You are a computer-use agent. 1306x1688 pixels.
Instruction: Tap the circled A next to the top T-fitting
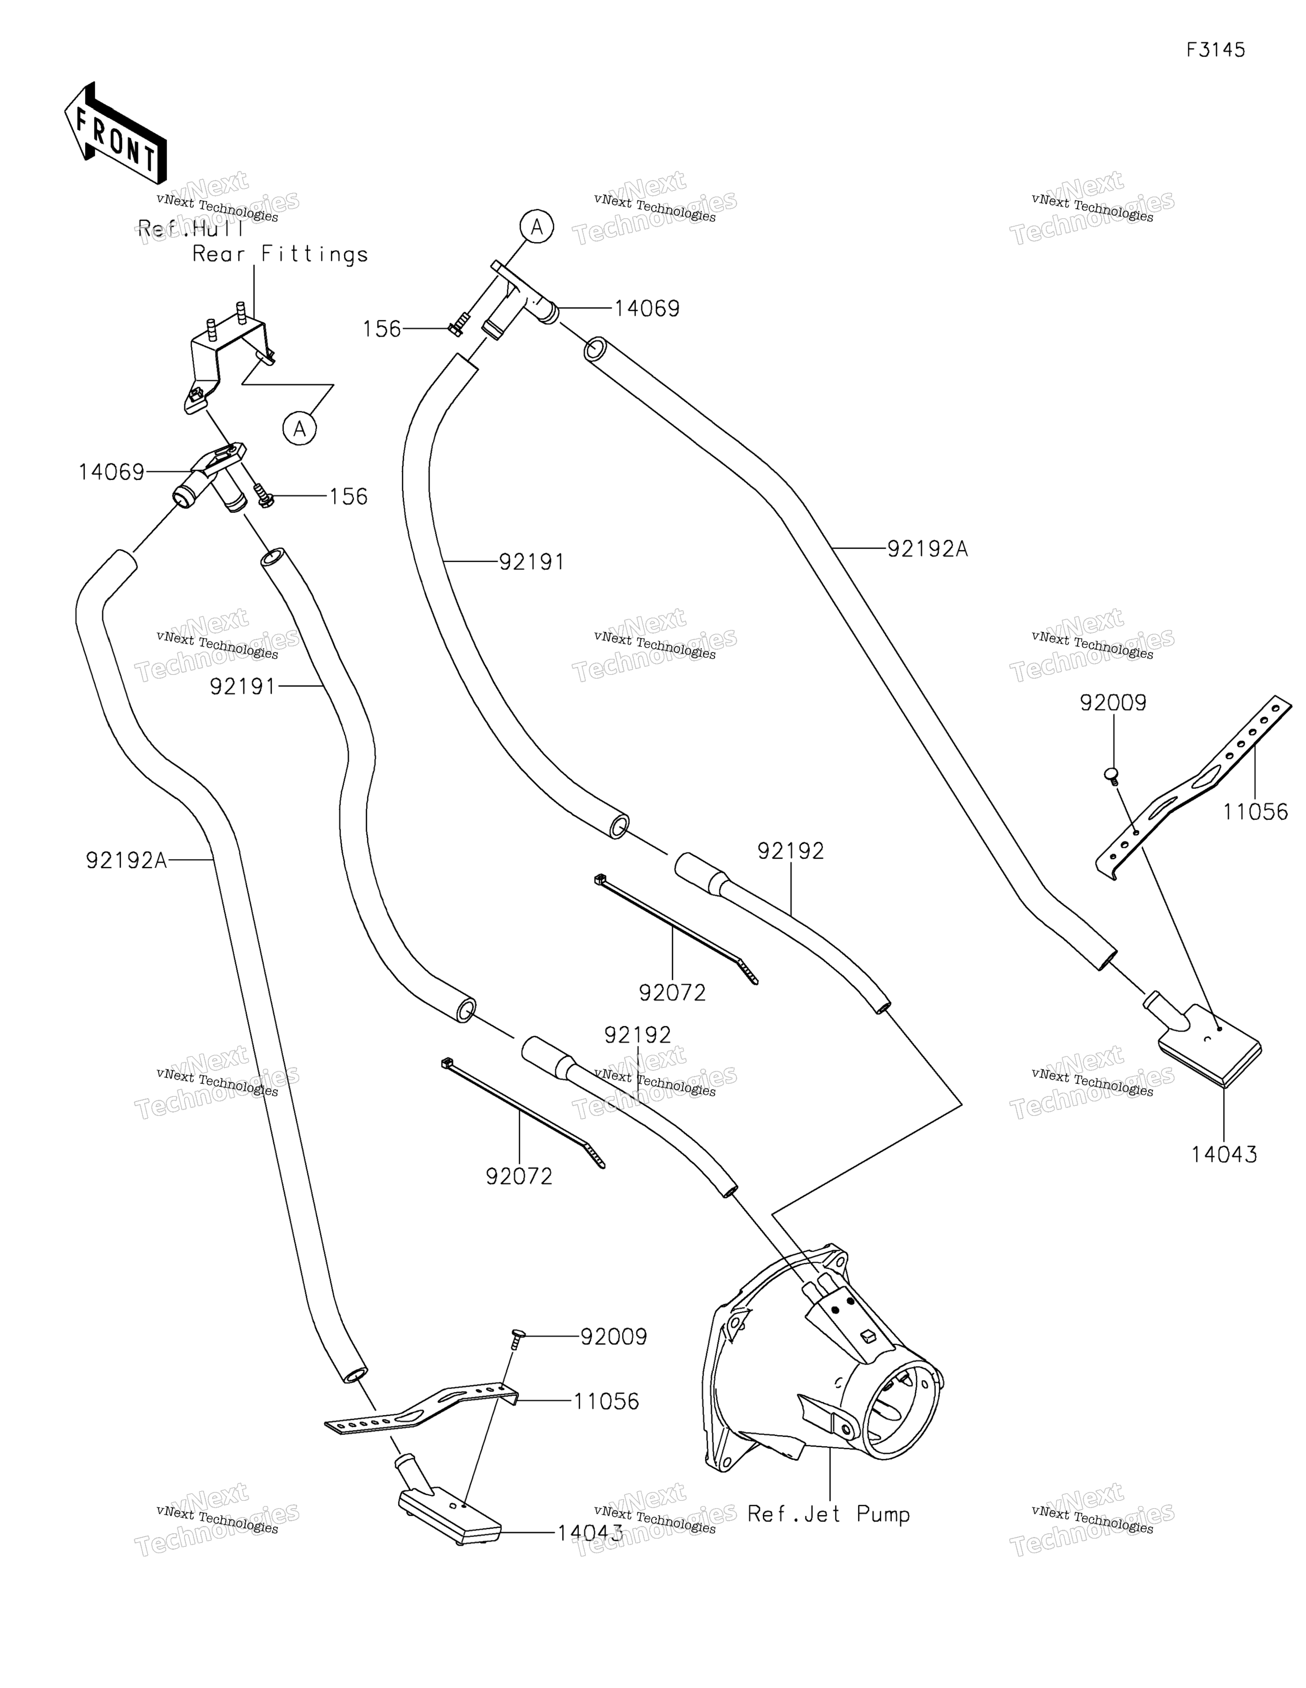[x=537, y=227]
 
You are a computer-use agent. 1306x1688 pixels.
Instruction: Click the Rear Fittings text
[x=280, y=254]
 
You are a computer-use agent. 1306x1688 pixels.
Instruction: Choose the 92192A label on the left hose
[x=126, y=860]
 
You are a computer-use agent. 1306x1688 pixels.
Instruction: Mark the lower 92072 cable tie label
[x=520, y=1176]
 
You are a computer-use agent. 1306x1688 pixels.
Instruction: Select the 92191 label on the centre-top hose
[x=532, y=562]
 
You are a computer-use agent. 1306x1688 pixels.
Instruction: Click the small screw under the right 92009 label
[x=1113, y=776]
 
